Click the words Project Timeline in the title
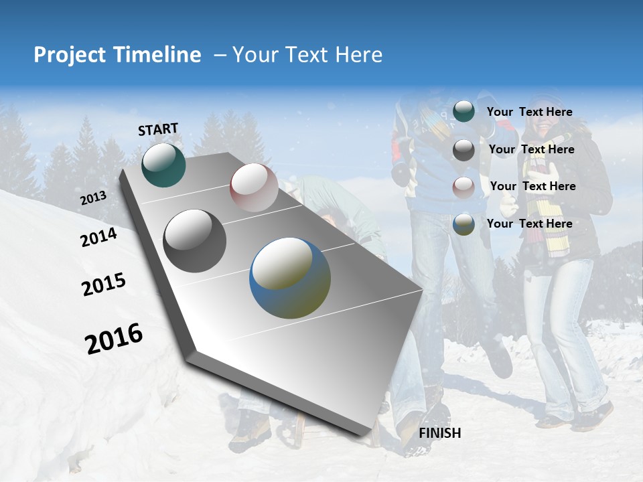coord(117,55)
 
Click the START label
coord(158,129)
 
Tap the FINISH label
coord(440,433)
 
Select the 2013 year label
coord(93,198)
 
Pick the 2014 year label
coord(98,238)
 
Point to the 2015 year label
coord(104,285)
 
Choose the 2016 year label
coord(114,339)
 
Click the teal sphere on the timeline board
coord(163,165)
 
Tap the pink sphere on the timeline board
coord(254,187)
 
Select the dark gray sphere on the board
coord(194,241)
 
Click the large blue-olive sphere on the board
coord(290,278)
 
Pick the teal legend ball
coord(463,111)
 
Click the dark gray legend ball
coord(463,150)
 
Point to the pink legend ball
coord(463,187)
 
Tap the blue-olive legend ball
coord(463,224)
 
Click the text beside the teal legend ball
coord(529,112)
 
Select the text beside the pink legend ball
coord(532,186)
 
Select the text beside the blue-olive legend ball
coord(529,224)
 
